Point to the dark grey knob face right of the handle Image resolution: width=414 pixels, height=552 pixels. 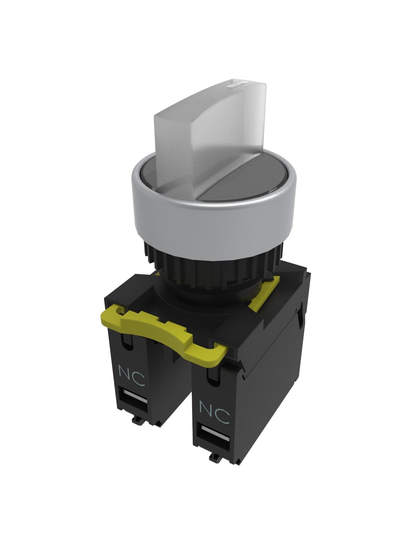pyautogui.click(x=246, y=184)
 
